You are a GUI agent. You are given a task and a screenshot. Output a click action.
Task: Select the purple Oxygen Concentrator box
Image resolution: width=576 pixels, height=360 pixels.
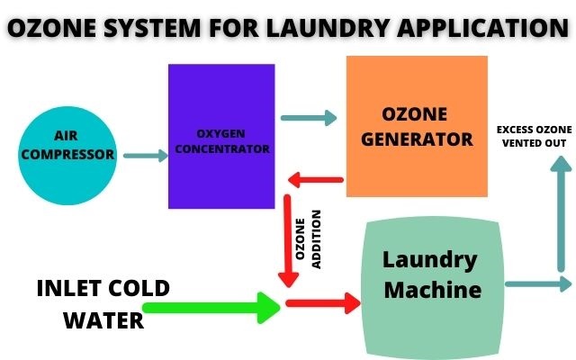(220, 135)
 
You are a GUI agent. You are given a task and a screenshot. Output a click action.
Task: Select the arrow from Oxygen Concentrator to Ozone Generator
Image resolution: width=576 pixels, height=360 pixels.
(309, 117)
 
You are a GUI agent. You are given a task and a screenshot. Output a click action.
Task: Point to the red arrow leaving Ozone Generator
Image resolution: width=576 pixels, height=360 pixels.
(314, 181)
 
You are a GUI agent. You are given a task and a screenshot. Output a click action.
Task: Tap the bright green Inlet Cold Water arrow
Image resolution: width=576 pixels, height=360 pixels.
(212, 308)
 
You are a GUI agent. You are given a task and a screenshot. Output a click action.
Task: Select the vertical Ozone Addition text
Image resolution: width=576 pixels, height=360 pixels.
(308, 238)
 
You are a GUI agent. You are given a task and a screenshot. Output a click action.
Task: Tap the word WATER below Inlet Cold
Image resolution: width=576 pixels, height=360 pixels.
(103, 319)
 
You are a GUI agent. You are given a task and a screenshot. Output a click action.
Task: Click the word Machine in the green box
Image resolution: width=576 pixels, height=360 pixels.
(430, 291)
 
